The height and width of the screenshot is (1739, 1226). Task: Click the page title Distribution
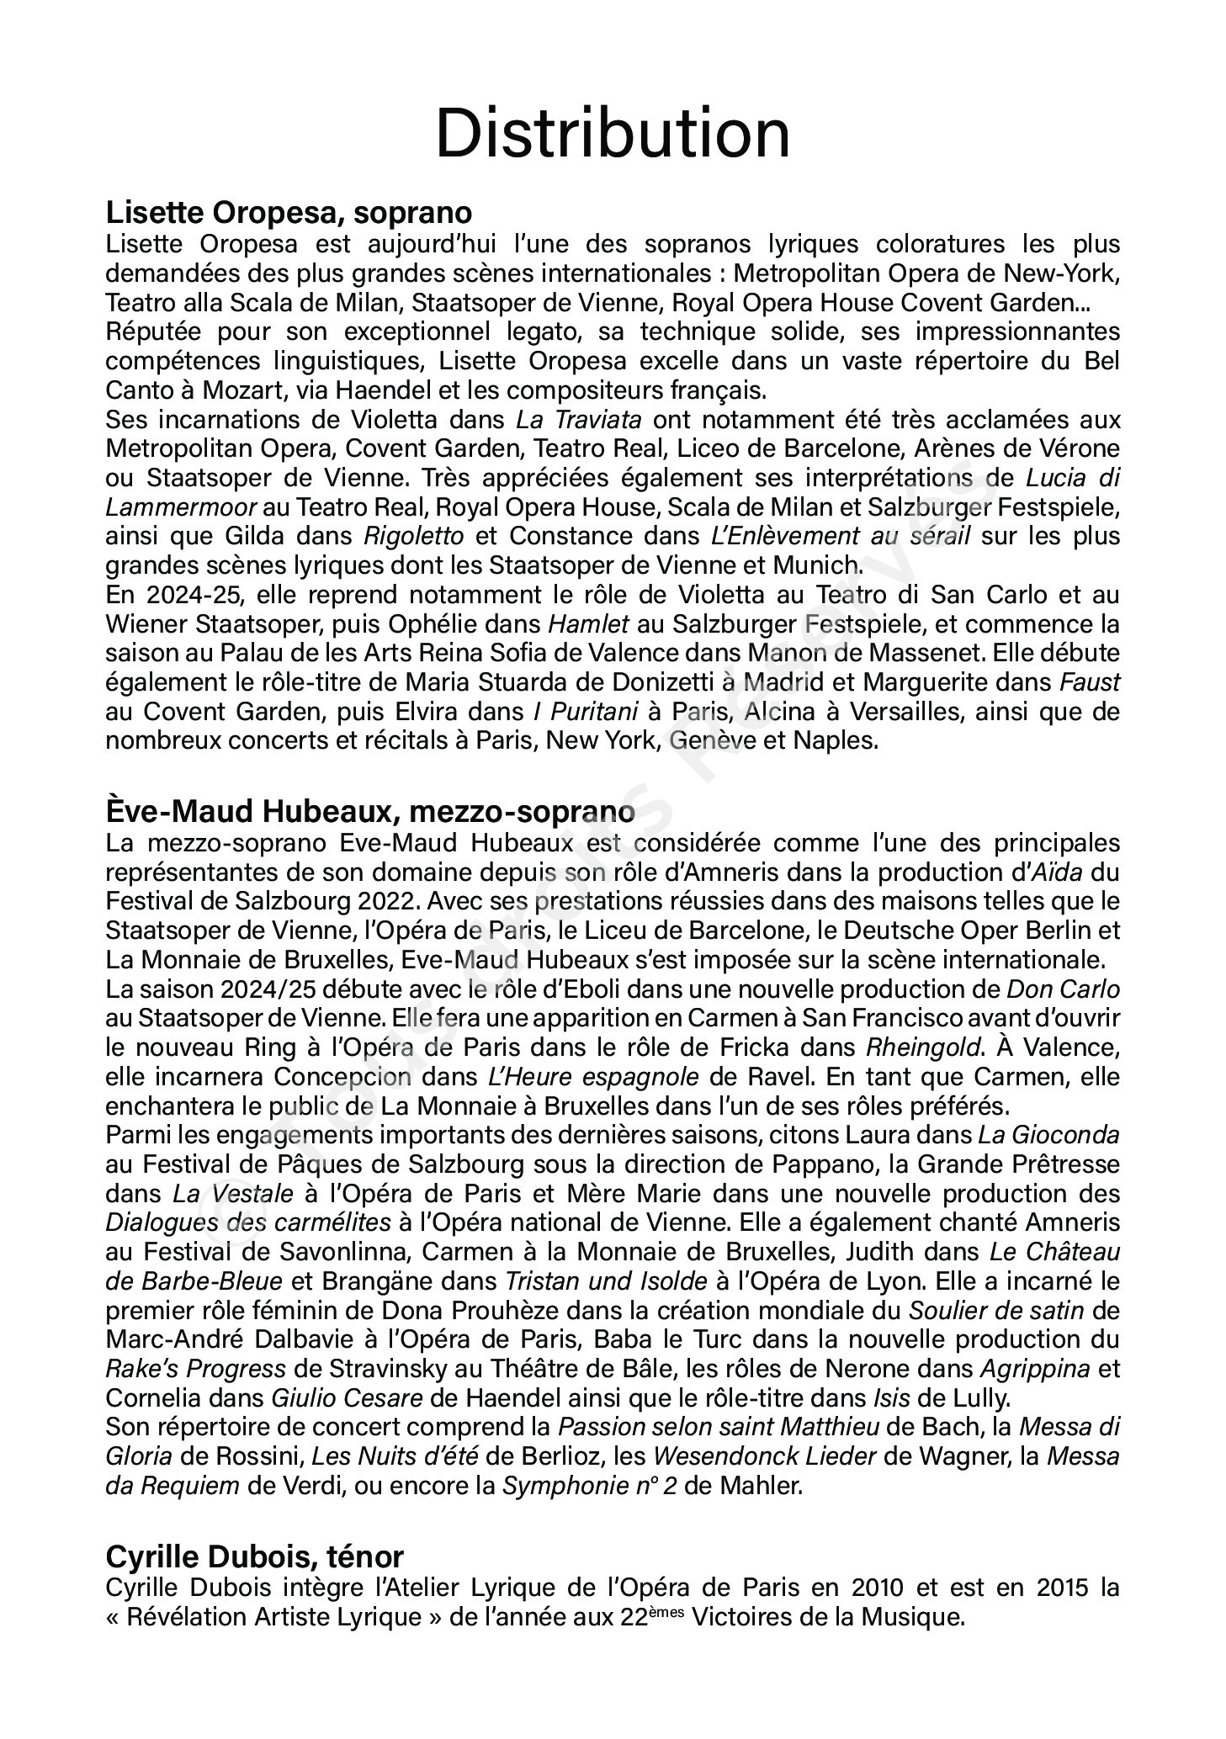[613, 134]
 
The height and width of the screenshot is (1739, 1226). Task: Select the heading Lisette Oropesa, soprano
[289, 212]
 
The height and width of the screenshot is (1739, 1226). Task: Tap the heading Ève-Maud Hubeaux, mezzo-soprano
[370, 812]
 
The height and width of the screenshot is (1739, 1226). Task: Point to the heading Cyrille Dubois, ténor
[254, 1556]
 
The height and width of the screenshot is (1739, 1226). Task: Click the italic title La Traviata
[579, 420]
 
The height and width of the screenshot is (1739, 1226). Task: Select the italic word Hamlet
[588, 624]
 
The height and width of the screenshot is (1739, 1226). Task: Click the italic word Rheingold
[923, 1047]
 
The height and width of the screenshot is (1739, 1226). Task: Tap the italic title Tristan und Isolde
[606, 1281]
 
